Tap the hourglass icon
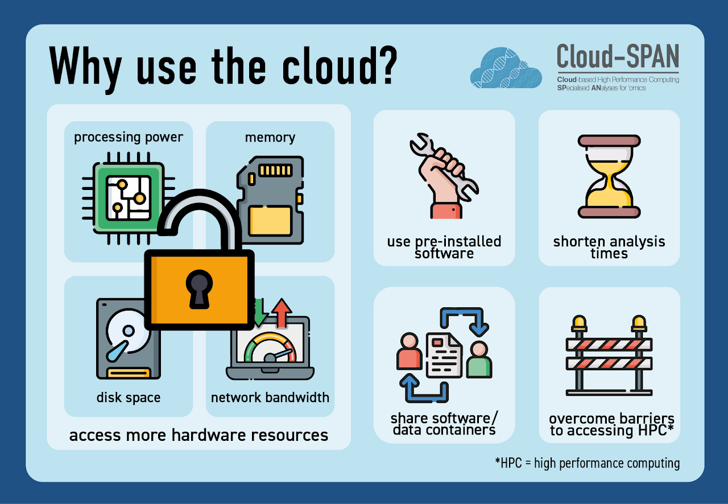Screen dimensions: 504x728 (609, 176)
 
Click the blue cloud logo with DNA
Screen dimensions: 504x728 (506, 68)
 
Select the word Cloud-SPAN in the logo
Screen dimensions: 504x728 (618, 57)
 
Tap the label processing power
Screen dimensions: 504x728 (129, 137)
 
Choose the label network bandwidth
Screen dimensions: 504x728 (270, 397)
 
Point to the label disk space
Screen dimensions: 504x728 (129, 397)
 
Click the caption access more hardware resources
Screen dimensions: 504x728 (198, 435)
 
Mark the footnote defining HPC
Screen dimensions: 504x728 (587, 463)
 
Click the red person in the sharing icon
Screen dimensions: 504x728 (409, 352)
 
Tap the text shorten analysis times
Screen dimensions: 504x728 (609, 247)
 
